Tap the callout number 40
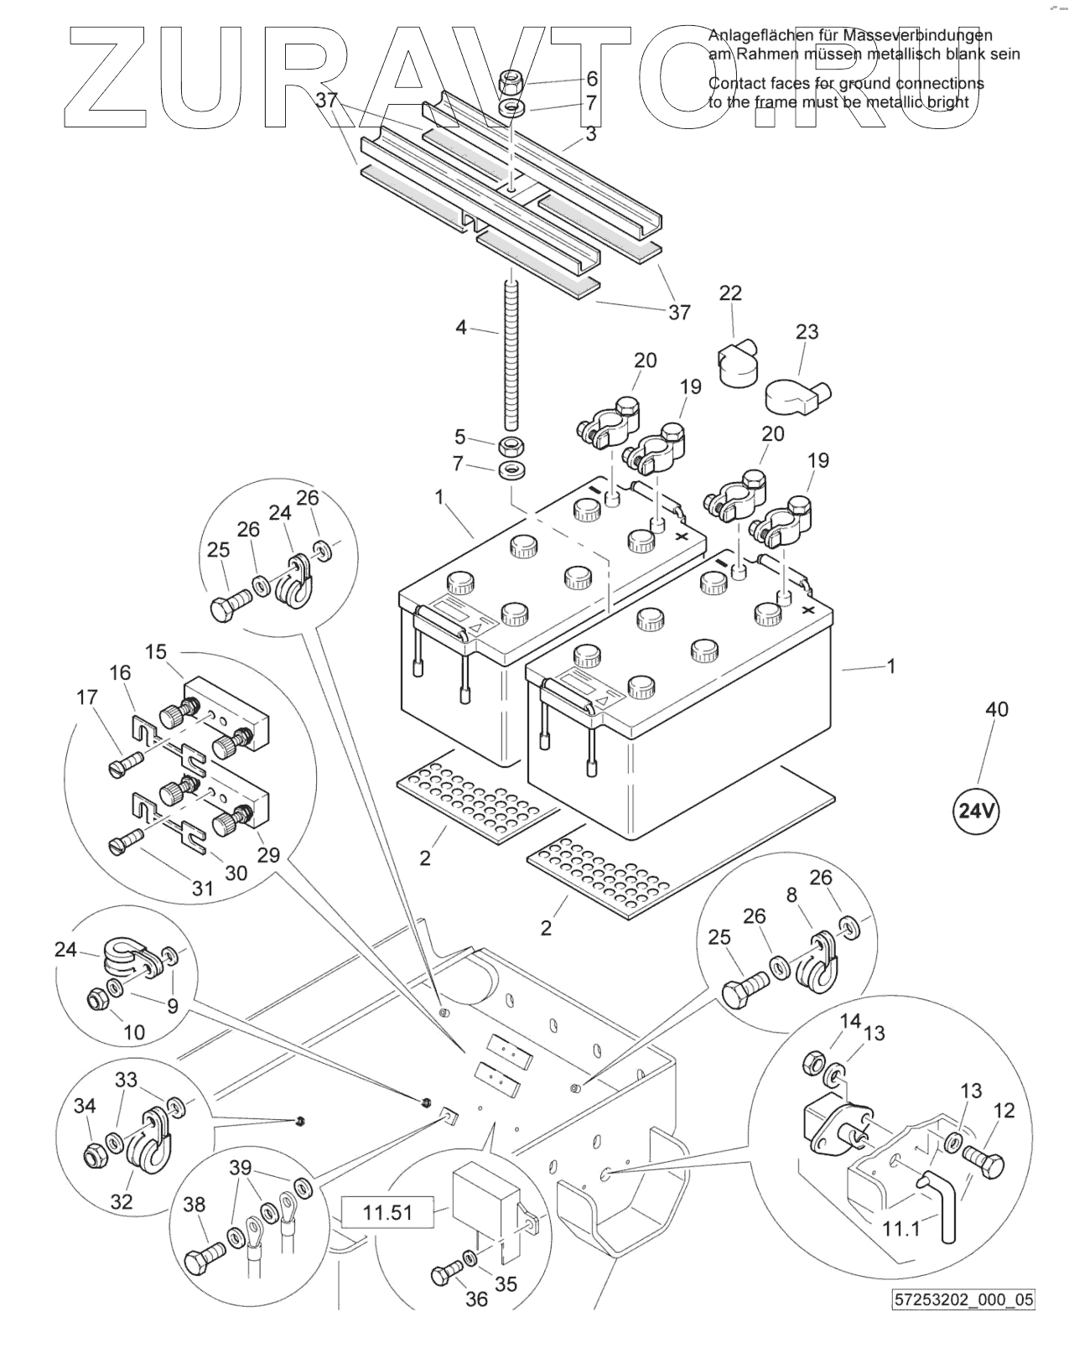pyautogui.click(x=996, y=709)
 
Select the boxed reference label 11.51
pyautogui.click(x=388, y=1213)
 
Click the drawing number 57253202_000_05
pyautogui.click(x=963, y=1323)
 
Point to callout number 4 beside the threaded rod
pyautogui.click(x=461, y=328)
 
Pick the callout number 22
pyautogui.click(x=731, y=293)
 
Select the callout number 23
pyautogui.click(x=807, y=332)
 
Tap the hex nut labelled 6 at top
pyautogui.click(x=511, y=82)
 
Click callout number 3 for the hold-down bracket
pyautogui.click(x=591, y=134)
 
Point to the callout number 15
pyautogui.click(x=156, y=651)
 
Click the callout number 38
pyautogui.click(x=194, y=1205)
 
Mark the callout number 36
pyautogui.click(x=476, y=1299)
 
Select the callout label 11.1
pyautogui.click(x=901, y=1229)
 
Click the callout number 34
pyautogui.click(x=85, y=1107)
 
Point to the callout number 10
pyautogui.click(x=134, y=1032)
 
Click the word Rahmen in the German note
pyautogui.click(x=765, y=54)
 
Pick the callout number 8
pyautogui.click(x=791, y=894)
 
